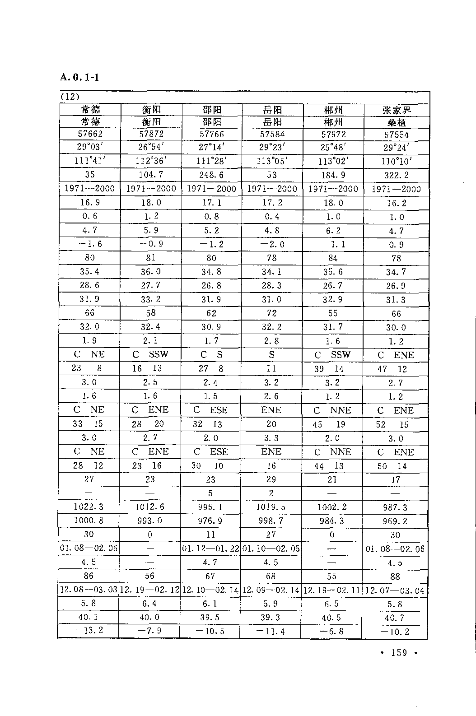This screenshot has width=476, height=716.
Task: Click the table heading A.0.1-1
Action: point(79,77)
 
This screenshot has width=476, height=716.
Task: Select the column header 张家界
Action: point(397,110)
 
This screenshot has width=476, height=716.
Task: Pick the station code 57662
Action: point(90,134)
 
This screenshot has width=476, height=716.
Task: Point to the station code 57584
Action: point(272,134)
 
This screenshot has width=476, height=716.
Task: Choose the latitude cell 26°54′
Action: point(151,147)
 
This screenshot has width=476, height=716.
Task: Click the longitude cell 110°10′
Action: point(397,161)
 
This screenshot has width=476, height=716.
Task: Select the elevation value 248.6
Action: point(211,175)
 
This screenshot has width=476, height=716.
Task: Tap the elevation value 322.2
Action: point(397,175)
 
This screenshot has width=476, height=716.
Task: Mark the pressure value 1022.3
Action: point(89,507)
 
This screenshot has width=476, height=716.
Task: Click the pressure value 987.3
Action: point(395,507)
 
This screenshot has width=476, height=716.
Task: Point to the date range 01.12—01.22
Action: point(210,549)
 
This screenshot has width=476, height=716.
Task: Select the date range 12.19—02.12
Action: point(149,590)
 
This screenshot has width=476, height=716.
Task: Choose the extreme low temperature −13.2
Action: point(89,630)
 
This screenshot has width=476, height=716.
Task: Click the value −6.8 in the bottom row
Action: point(332,631)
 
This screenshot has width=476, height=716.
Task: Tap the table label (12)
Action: point(70,97)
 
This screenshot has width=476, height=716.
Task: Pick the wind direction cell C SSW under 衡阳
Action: point(150,354)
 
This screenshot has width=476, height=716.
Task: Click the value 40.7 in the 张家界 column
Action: point(395,618)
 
